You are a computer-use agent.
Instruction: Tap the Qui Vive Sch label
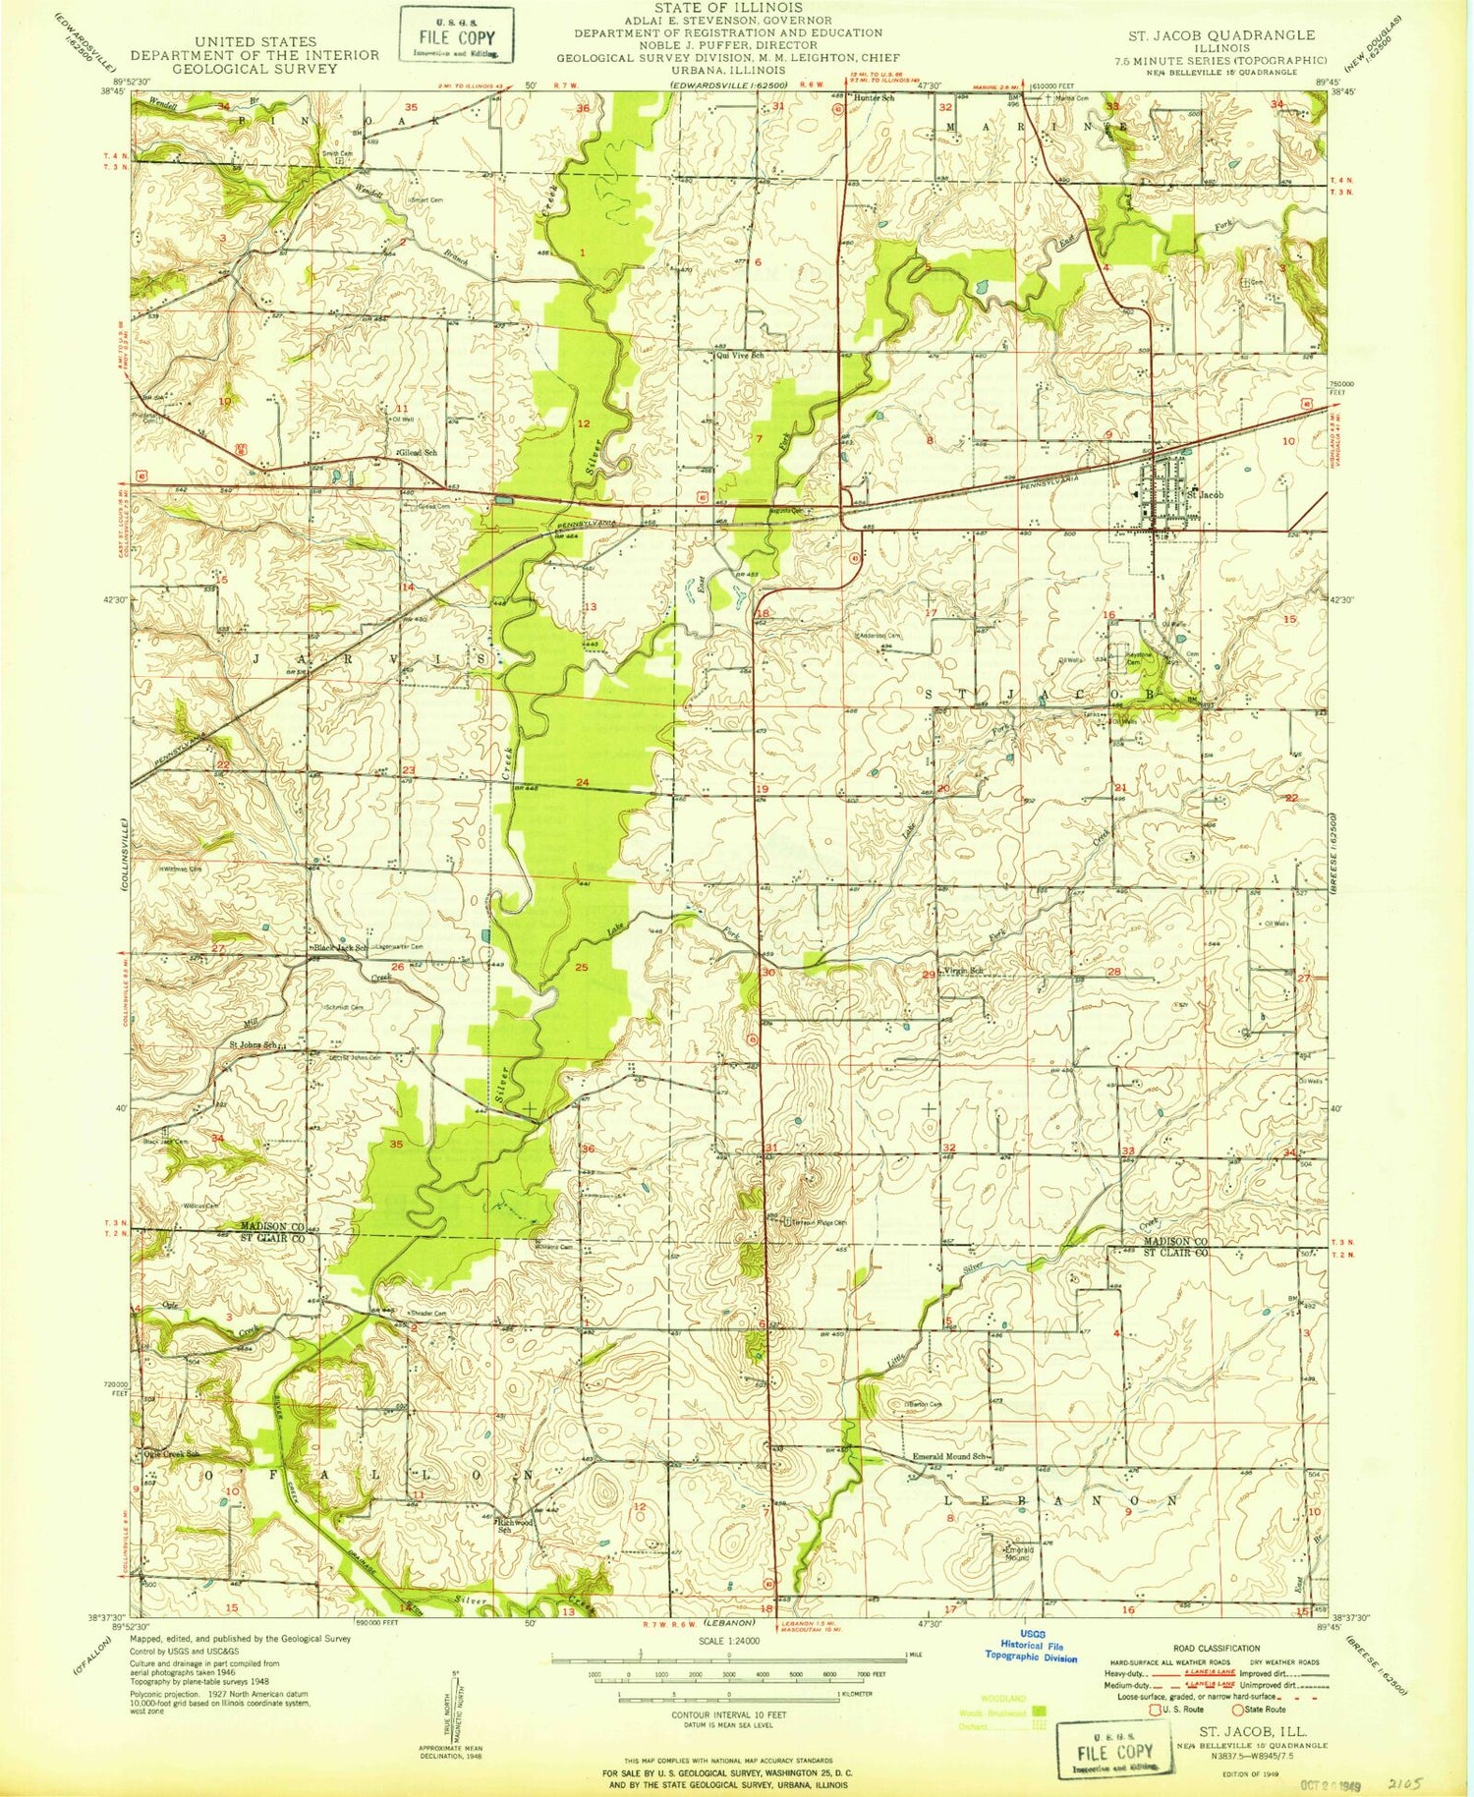739,356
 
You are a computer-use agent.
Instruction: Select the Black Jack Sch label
340,947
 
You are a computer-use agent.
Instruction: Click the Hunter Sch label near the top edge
874,98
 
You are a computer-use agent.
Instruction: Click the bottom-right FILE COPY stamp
1114,1751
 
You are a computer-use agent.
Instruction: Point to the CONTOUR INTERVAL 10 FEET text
727,1714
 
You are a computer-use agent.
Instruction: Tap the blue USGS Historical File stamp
1032,1651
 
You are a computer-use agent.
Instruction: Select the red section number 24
583,782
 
